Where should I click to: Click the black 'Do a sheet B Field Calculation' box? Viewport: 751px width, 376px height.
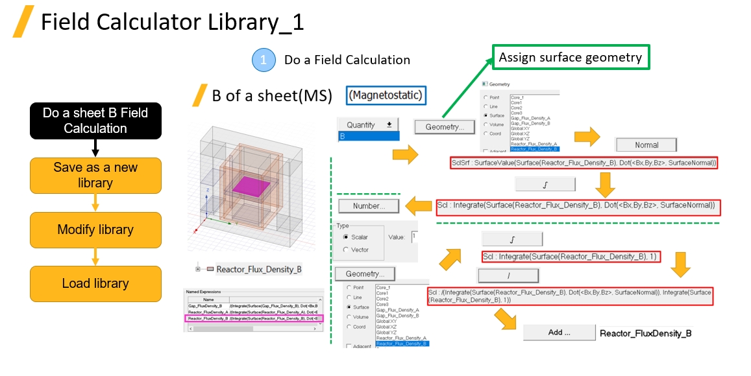(95, 121)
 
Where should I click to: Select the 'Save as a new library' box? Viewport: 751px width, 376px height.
(95, 175)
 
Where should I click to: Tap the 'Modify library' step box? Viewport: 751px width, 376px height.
(95, 229)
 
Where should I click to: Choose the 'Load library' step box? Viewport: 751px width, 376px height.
(95, 283)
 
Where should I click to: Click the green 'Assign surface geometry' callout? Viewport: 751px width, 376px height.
(571, 58)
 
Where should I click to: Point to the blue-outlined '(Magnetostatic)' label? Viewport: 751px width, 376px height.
(386, 95)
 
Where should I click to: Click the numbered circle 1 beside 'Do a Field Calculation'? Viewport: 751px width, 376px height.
(264, 60)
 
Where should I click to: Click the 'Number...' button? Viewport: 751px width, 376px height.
(368, 206)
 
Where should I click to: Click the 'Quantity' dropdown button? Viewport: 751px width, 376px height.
(368, 124)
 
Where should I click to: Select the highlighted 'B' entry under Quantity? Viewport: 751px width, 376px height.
(368, 137)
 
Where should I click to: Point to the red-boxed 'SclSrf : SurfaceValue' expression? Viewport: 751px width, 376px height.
(584, 163)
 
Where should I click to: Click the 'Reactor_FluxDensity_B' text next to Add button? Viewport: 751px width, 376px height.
(645, 333)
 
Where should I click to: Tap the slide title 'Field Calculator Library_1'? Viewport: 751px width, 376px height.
(172, 23)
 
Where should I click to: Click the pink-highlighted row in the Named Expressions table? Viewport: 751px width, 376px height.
(253, 318)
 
